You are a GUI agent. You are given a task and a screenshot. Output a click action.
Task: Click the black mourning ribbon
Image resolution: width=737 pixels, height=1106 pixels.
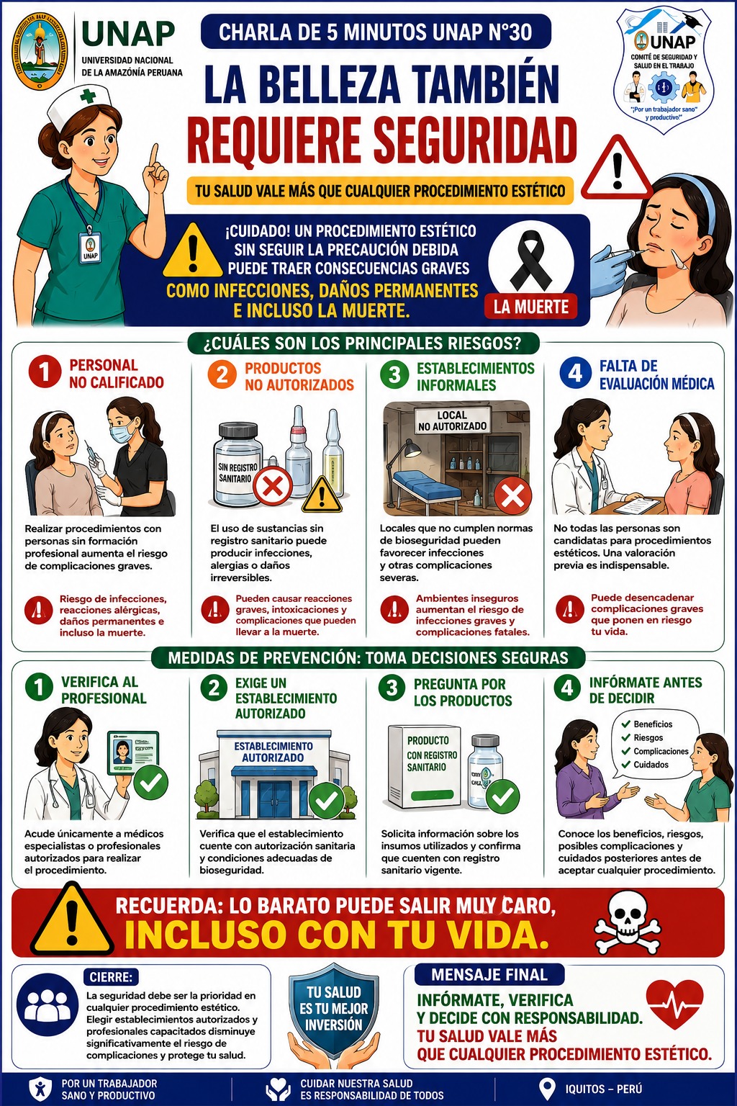pyautogui.click(x=531, y=261)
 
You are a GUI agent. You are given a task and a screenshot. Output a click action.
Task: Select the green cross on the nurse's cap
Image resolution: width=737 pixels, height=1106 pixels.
pyautogui.click(x=88, y=96)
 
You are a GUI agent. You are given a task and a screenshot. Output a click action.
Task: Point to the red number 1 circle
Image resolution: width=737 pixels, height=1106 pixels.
pyautogui.click(x=45, y=372)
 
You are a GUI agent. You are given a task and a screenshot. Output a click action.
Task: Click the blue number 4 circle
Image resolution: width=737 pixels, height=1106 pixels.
pyautogui.click(x=575, y=373)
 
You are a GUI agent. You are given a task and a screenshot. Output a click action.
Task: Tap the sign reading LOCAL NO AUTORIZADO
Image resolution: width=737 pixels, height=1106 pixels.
pyautogui.click(x=452, y=421)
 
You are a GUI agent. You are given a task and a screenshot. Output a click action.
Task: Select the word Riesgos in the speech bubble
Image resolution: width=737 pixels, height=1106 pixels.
pyautogui.click(x=648, y=737)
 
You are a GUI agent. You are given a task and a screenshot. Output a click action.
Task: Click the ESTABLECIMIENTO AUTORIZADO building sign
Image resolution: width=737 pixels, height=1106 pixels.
pyautogui.click(x=273, y=752)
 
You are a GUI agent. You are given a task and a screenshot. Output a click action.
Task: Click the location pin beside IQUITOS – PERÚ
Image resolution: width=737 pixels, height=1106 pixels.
pyautogui.click(x=547, y=1089)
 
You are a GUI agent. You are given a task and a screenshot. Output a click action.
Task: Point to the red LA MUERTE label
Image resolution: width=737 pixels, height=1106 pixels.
pyautogui.click(x=531, y=307)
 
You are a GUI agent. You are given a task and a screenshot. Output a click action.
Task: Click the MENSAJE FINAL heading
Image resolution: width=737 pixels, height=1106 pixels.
pyautogui.click(x=489, y=975)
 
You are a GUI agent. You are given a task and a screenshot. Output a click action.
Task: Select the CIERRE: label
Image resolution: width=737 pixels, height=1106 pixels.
pyautogui.click(x=111, y=977)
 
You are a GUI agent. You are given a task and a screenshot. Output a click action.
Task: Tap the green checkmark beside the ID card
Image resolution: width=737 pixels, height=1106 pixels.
pyautogui.click(x=150, y=781)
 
